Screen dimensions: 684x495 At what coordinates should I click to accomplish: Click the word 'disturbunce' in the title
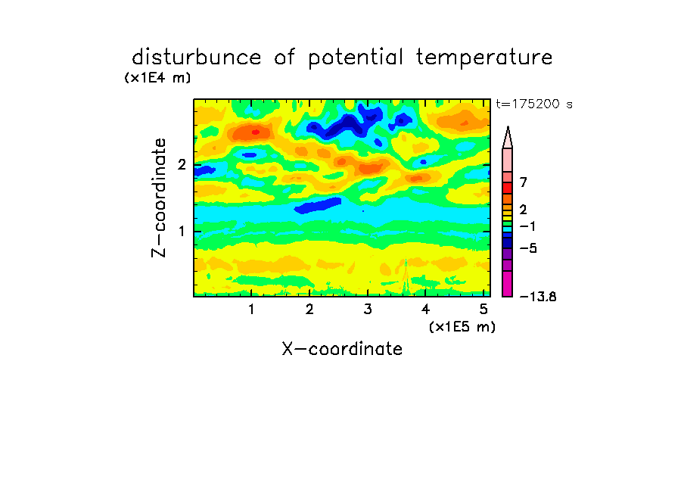(197, 58)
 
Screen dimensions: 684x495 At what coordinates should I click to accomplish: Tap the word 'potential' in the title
(356, 58)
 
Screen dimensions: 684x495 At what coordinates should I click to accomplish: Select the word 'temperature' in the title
(484, 58)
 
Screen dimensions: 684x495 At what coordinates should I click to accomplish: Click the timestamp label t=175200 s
(534, 104)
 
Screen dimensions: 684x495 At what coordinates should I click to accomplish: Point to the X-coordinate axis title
(342, 349)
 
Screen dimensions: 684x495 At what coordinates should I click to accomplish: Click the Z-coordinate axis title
(159, 198)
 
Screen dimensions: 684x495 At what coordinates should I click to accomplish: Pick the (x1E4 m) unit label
(157, 78)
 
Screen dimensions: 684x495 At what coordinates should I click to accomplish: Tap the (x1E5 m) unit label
(462, 326)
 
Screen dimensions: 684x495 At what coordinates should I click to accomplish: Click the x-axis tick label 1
(251, 310)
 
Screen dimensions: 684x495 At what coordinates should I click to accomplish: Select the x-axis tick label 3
(368, 310)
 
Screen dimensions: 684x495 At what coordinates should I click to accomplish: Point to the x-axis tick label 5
(483, 310)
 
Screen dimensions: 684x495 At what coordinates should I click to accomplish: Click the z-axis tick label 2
(182, 164)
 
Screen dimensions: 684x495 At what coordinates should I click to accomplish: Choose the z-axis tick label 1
(182, 232)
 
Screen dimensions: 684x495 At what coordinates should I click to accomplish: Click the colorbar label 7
(524, 182)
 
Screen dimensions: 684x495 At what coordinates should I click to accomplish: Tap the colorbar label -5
(528, 248)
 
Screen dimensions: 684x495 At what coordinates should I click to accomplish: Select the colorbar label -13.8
(538, 297)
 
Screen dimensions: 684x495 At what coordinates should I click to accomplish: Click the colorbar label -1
(527, 226)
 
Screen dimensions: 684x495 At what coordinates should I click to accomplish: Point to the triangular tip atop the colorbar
(508, 137)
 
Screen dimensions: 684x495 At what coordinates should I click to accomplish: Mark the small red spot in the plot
(256, 132)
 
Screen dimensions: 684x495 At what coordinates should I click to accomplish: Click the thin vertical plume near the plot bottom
(406, 277)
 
